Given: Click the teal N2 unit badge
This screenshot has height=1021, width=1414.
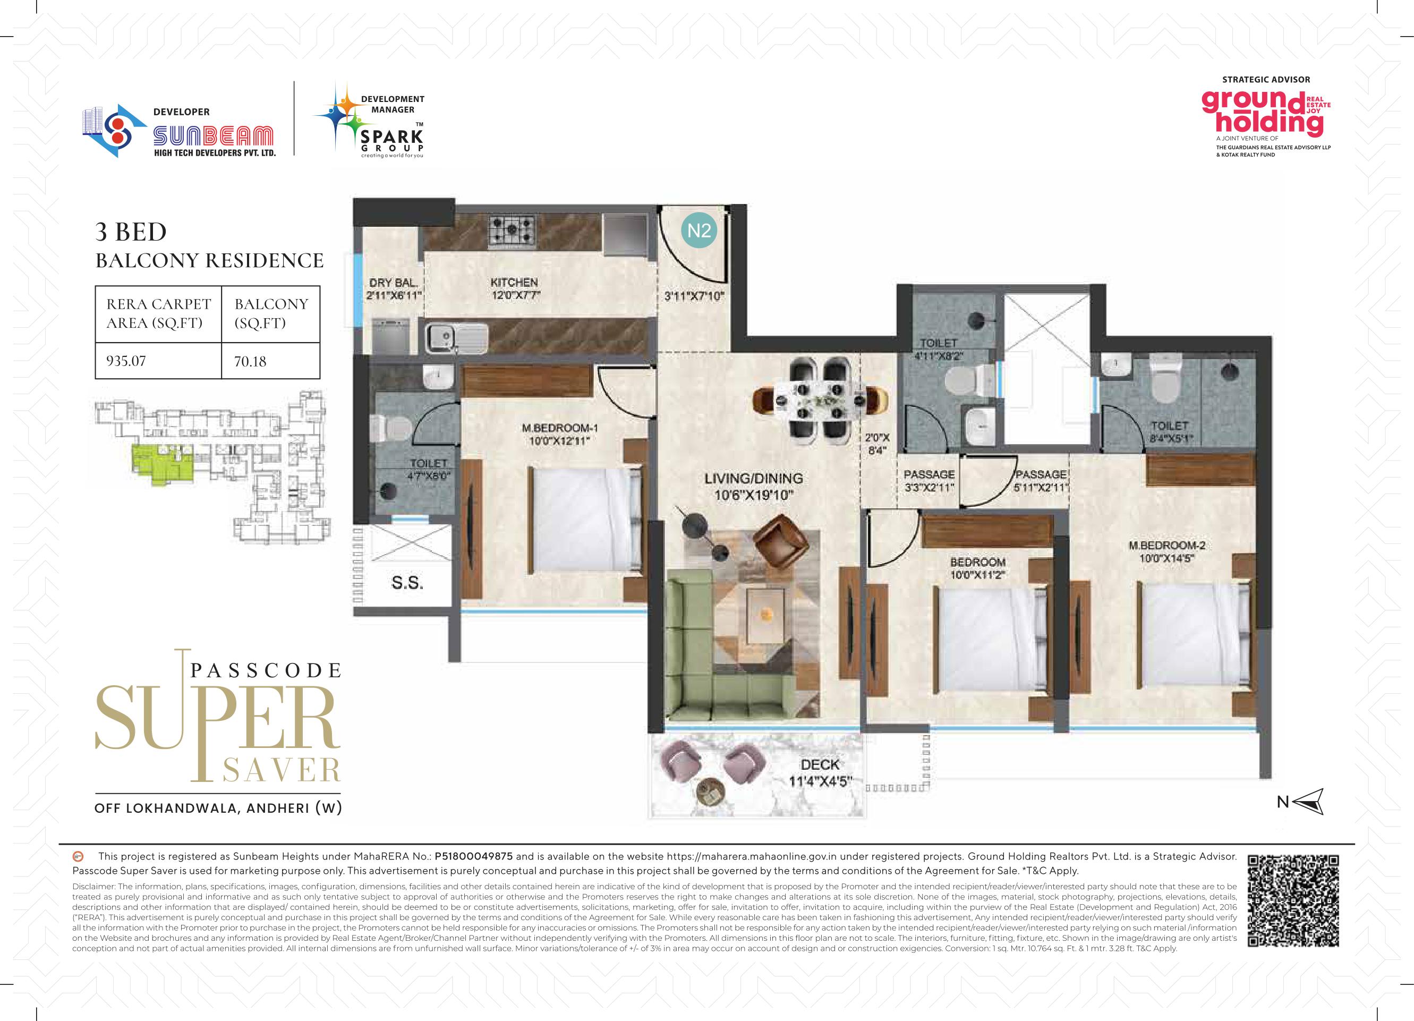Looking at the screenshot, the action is pyautogui.click(x=699, y=231).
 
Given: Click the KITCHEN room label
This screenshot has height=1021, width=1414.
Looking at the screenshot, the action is pyautogui.click(x=514, y=283).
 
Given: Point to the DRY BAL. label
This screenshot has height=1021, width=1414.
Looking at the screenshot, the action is pyautogui.click(x=394, y=283).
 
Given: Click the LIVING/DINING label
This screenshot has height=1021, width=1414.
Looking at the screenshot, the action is pyautogui.click(x=753, y=479).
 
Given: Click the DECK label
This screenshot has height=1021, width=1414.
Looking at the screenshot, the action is pyautogui.click(x=820, y=765).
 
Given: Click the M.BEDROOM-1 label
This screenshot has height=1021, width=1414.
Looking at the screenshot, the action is pyautogui.click(x=560, y=428).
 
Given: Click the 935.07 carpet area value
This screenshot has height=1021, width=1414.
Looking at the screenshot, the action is pyautogui.click(x=126, y=361).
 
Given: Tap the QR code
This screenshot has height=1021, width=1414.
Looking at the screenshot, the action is pyautogui.click(x=1293, y=901).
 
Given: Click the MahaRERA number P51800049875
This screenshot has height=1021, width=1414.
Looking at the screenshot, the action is pyautogui.click(x=474, y=856).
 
